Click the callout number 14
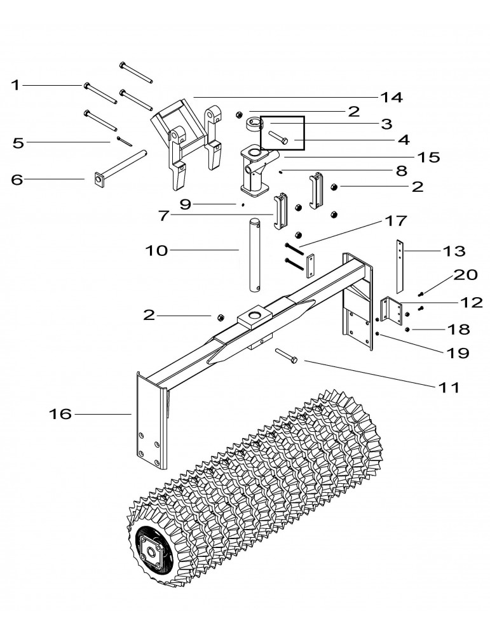(391, 98)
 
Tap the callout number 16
(60, 414)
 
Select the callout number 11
(449, 388)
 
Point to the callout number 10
(156, 251)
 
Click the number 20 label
(465, 275)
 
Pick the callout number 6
(17, 180)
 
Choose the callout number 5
(18, 142)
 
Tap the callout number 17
(395, 221)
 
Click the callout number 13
(454, 251)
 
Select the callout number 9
(185, 204)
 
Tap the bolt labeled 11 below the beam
(287, 355)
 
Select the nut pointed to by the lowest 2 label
(221, 317)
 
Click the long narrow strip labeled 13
(400, 266)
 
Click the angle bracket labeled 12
(391, 310)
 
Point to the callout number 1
(15, 86)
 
